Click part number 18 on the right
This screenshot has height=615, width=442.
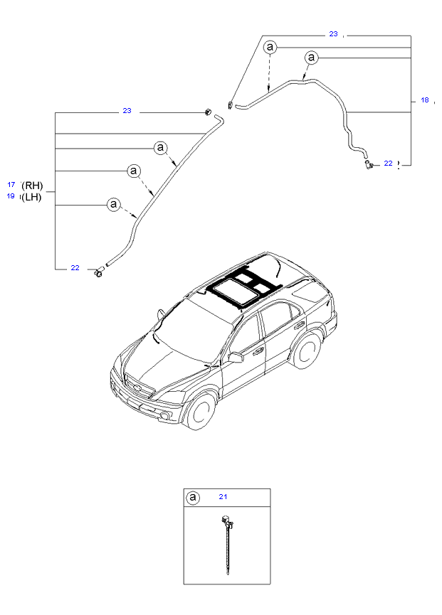pyautogui.click(x=425, y=100)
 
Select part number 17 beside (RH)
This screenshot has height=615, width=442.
pyautogui.click(x=11, y=184)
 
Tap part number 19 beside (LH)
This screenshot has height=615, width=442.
pyautogui.click(x=11, y=196)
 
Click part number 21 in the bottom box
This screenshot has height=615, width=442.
pyautogui.click(x=223, y=496)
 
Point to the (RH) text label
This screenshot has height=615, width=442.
pyautogui.click(x=32, y=185)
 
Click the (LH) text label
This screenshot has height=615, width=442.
pyautogui.click(x=31, y=197)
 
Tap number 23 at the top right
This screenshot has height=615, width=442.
pyautogui.click(x=333, y=33)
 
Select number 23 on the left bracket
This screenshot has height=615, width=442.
pyautogui.click(x=127, y=111)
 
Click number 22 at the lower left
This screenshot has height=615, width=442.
pyautogui.click(x=75, y=267)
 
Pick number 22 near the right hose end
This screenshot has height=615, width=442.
pyautogui.click(x=388, y=163)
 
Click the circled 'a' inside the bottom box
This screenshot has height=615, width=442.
pyautogui.click(x=192, y=498)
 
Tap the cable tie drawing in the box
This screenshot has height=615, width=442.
pyautogui.click(x=226, y=544)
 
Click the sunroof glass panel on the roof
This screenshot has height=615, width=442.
pyautogui.click(x=233, y=291)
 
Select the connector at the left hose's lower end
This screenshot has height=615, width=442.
pyautogui.click(x=99, y=272)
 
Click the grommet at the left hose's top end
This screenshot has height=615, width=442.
pyautogui.click(x=207, y=112)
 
